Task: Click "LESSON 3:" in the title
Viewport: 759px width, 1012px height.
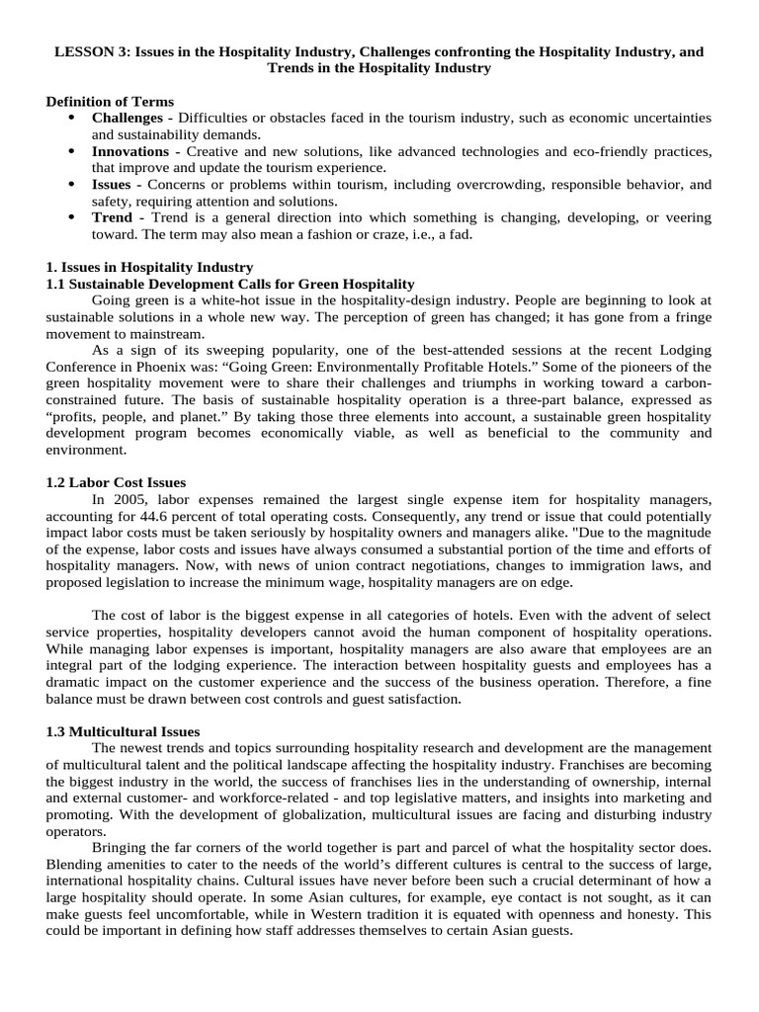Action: [85, 50]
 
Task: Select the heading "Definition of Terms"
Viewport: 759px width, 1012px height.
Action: [111, 102]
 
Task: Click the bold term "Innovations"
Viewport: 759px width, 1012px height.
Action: [130, 151]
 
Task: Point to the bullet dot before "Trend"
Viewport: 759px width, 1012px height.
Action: [71, 217]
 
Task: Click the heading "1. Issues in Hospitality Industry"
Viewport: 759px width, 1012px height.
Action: [150, 267]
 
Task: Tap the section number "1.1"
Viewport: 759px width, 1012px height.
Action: [58, 284]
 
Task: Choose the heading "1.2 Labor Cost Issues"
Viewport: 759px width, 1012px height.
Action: [117, 483]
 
